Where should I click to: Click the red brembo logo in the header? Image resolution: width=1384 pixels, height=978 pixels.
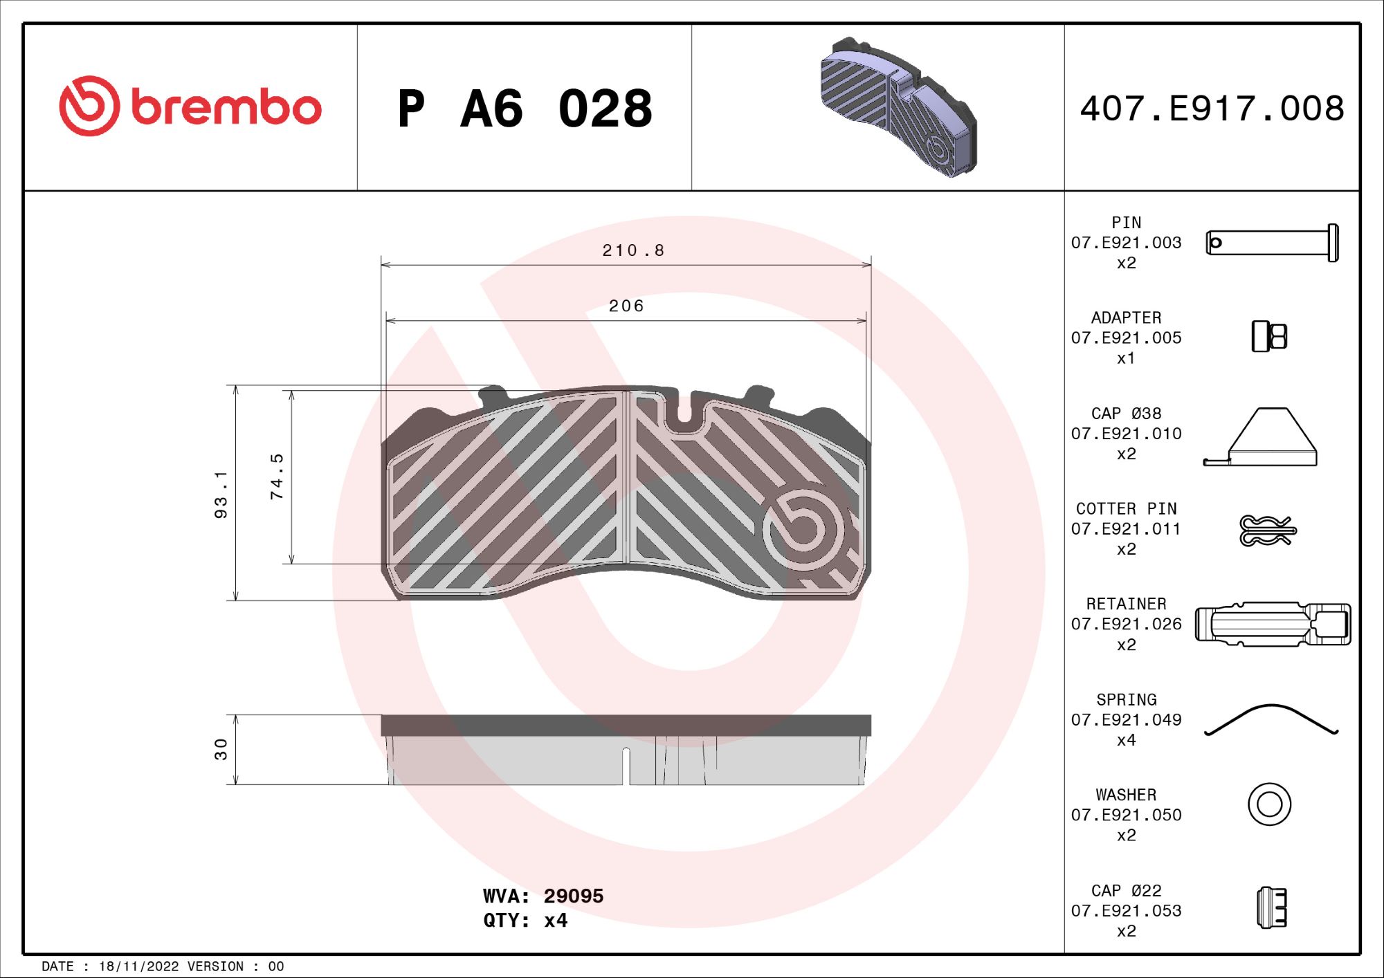tap(190, 107)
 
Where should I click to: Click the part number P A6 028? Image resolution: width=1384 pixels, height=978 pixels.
tap(525, 109)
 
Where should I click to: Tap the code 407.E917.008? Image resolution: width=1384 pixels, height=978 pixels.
tap(1212, 109)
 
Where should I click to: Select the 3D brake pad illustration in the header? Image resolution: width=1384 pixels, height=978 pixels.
tap(898, 108)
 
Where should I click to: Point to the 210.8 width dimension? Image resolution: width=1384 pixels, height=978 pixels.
tap(632, 250)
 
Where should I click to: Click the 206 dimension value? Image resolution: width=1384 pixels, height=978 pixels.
tap(626, 306)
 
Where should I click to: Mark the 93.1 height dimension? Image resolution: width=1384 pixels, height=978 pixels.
tap(221, 494)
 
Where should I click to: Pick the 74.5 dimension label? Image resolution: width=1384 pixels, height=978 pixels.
tap(277, 477)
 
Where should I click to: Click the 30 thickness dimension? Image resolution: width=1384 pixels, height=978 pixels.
tap(221, 749)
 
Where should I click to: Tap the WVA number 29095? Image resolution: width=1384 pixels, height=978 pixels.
tap(573, 896)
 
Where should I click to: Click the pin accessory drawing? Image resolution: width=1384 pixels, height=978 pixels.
tap(1271, 243)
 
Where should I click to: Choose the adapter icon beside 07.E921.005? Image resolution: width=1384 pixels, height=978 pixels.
tap(1268, 337)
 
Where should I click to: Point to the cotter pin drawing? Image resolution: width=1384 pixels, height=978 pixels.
tap(1267, 530)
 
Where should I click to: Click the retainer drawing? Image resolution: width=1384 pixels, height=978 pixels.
tap(1273, 624)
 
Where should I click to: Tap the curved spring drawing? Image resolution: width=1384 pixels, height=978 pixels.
tap(1271, 719)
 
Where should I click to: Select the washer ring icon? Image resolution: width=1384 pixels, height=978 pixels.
tap(1269, 804)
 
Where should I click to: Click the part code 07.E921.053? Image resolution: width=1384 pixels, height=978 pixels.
tap(1126, 911)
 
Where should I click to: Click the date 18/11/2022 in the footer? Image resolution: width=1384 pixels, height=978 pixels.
tap(138, 966)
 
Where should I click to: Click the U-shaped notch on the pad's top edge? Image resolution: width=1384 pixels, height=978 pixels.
tap(683, 412)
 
